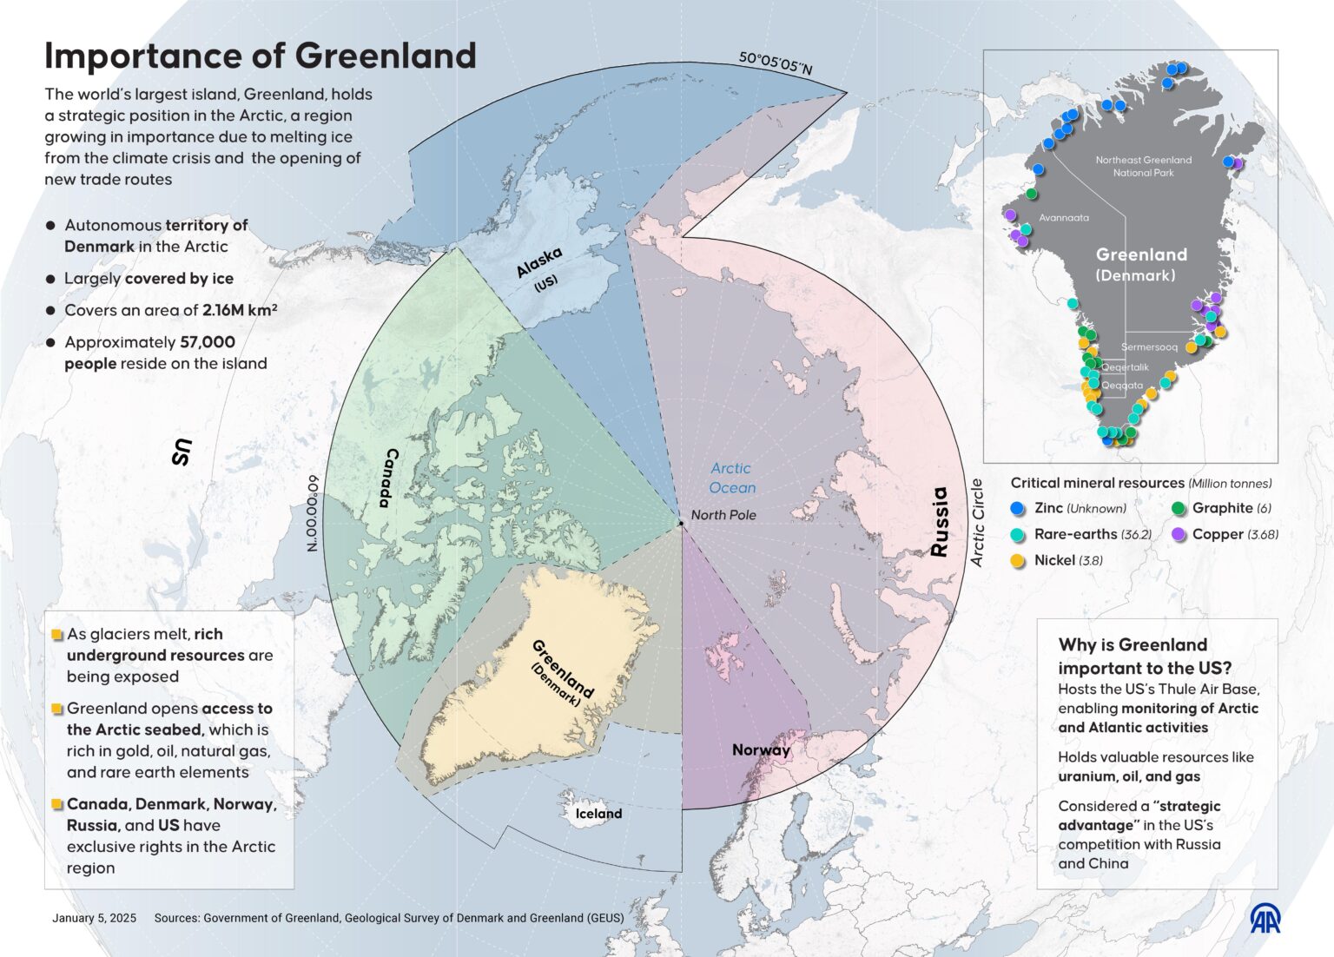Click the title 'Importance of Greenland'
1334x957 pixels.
point(261,56)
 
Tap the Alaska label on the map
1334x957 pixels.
point(539,262)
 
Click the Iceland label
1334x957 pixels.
point(598,814)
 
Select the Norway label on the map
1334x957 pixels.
point(761,750)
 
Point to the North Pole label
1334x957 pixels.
point(723,515)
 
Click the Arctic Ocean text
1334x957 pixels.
point(732,478)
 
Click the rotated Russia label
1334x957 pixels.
point(939,521)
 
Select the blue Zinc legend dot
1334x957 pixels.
point(1019,509)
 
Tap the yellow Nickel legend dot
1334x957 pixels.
point(1019,561)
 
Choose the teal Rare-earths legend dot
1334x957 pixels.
point(1019,535)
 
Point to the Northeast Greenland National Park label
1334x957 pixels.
point(1143,166)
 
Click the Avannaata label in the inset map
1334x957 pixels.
point(1063,218)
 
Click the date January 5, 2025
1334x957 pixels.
point(94,918)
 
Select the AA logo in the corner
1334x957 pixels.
point(1265,919)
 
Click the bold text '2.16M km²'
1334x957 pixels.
point(240,310)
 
